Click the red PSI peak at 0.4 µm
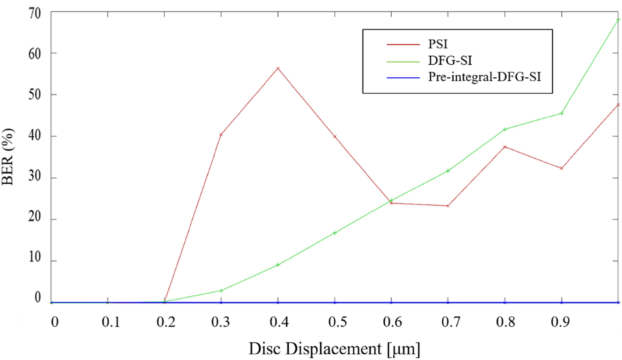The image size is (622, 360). (x=278, y=68)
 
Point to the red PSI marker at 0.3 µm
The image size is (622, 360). (x=221, y=135)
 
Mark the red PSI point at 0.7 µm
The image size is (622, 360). (x=448, y=206)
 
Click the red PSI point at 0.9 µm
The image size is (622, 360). (x=561, y=168)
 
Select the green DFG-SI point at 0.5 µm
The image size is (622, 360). (x=335, y=233)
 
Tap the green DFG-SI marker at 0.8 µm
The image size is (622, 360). (x=505, y=129)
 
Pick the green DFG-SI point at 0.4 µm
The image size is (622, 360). (x=278, y=265)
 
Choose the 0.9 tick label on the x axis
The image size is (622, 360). (x=561, y=322)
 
